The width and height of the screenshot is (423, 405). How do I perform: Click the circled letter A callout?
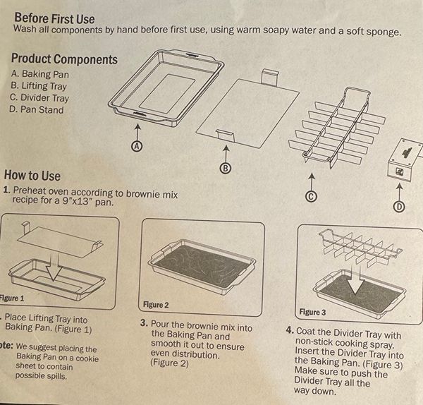click(x=137, y=146)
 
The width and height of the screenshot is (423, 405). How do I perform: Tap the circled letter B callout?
click(x=226, y=168)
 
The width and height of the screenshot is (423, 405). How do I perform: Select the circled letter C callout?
click(x=311, y=196)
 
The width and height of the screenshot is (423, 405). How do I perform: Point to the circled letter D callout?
click(x=399, y=207)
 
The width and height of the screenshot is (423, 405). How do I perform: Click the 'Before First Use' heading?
click(x=54, y=18)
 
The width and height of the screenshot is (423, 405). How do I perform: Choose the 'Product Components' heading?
click(x=64, y=59)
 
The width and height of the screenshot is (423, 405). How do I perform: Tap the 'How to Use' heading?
click(x=32, y=176)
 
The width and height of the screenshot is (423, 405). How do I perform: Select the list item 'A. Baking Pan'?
click(x=40, y=74)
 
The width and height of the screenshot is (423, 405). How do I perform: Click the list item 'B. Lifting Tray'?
click(x=39, y=86)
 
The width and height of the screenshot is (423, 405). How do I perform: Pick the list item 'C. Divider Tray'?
click(x=39, y=98)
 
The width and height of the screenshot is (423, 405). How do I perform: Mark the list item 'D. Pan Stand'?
click(x=37, y=109)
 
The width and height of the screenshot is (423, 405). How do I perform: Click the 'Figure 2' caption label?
click(x=156, y=305)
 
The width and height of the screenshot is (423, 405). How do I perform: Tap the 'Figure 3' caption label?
click(x=312, y=312)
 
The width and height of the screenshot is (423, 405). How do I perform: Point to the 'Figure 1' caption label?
click(x=12, y=298)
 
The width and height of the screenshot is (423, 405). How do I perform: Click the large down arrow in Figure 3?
click(x=355, y=280)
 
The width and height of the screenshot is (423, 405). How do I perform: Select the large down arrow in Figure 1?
click(x=54, y=267)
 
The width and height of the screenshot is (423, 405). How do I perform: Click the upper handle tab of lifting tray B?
click(x=270, y=77)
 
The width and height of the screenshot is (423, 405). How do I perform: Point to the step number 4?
click(x=290, y=330)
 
